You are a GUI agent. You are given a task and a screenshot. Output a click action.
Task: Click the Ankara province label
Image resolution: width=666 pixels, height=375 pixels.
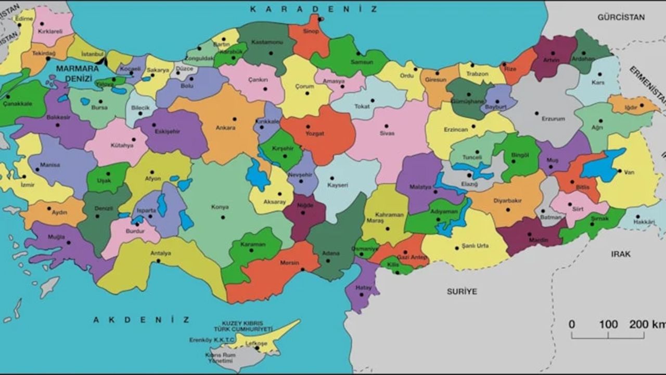[225, 128]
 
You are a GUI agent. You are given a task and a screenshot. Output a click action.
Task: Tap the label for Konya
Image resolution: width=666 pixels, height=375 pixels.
[220, 207]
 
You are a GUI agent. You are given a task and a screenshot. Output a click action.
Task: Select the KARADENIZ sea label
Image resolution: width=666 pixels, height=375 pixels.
[313, 9]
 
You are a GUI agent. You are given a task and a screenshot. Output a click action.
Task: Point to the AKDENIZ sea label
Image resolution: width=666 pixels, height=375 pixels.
[142, 319]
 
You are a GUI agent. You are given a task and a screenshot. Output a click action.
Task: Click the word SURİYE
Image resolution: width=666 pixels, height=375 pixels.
[462, 292]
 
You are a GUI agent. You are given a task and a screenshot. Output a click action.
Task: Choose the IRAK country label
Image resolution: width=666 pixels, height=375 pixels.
[621, 254]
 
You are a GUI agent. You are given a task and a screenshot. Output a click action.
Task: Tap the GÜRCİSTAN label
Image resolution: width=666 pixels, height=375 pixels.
[621, 17]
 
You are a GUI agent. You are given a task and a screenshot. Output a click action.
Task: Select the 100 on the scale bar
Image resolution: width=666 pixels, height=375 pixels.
[608, 324]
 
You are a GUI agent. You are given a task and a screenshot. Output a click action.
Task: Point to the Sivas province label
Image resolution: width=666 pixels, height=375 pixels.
[387, 133]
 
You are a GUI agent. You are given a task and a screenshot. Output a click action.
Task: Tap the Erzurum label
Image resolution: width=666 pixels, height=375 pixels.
[553, 119]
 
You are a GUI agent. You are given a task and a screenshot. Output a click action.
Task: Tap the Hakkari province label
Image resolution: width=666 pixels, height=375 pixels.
[644, 221]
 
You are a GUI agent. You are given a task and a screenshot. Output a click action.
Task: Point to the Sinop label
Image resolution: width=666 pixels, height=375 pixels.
[311, 31]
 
